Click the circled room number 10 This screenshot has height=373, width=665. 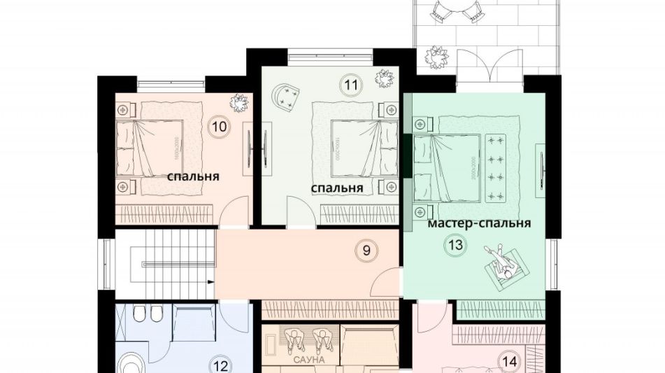tap(219, 127)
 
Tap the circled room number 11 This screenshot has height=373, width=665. tap(351, 86)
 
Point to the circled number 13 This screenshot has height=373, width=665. tap(456, 245)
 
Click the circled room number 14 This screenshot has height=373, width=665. tap(509, 362)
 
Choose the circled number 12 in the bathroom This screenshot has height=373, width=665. tap(221, 365)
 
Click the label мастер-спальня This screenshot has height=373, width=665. tap(479, 224)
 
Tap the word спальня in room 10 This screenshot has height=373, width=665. tap(194, 176)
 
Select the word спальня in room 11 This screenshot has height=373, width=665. tap(336, 188)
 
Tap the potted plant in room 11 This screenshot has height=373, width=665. tap(384, 78)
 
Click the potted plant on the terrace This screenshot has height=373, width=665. tap(437, 57)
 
